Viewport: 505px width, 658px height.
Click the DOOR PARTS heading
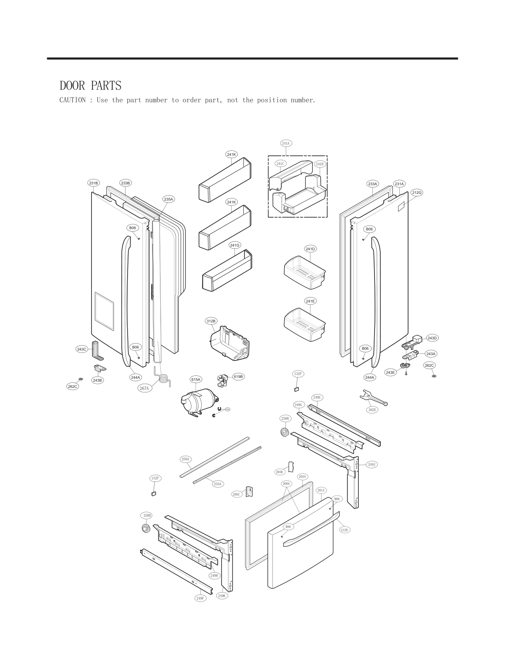click(x=90, y=86)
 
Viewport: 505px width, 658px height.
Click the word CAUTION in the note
click(x=72, y=100)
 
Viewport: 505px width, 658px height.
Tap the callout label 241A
click(x=286, y=143)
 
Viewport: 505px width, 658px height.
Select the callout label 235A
click(x=168, y=199)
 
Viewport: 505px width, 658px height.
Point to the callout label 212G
click(x=417, y=193)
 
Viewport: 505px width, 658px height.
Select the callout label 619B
click(x=238, y=377)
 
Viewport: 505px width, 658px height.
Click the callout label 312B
click(x=211, y=321)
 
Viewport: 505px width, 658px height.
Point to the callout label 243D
click(x=432, y=338)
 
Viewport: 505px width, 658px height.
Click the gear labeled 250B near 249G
click(x=284, y=433)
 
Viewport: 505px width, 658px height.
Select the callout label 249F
click(x=201, y=598)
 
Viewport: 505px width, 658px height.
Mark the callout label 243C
click(x=82, y=349)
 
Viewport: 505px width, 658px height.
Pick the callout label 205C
click(x=237, y=494)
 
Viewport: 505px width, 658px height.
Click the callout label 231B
click(x=94, y=183)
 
